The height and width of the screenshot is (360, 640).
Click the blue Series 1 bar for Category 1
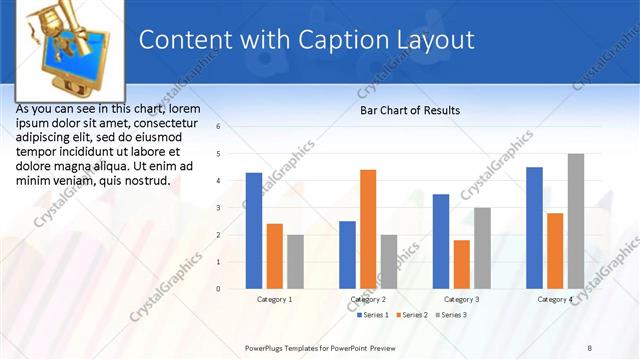[x=254, y=231]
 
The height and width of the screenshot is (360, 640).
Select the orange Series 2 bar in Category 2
[x=368, y=229]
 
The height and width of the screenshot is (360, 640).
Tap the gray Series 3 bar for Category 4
[x=575, y=221]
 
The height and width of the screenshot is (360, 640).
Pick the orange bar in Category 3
[x=461, y=264]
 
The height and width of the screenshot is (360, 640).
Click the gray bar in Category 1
[x=295, y=262]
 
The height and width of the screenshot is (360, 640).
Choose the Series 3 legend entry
[x=451, y=315]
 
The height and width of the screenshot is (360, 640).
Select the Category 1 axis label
[x=274, y=299]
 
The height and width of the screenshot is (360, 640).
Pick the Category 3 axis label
[x=461, y=299]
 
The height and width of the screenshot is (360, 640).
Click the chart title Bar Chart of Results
[x=410, y=111]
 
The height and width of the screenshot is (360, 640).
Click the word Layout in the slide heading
[x=435, y=41]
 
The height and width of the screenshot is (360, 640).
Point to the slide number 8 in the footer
[x=590, y=347]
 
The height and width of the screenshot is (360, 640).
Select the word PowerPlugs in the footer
[x=268, y=347]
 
